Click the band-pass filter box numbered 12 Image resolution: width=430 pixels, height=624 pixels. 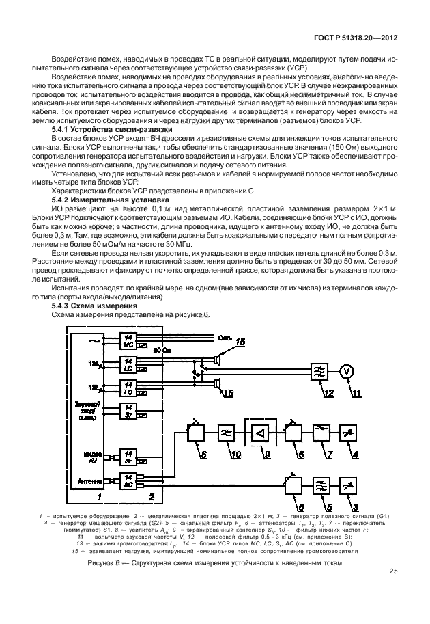tap(319, 371)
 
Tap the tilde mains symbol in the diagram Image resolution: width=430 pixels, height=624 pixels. tap(94, 339)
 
